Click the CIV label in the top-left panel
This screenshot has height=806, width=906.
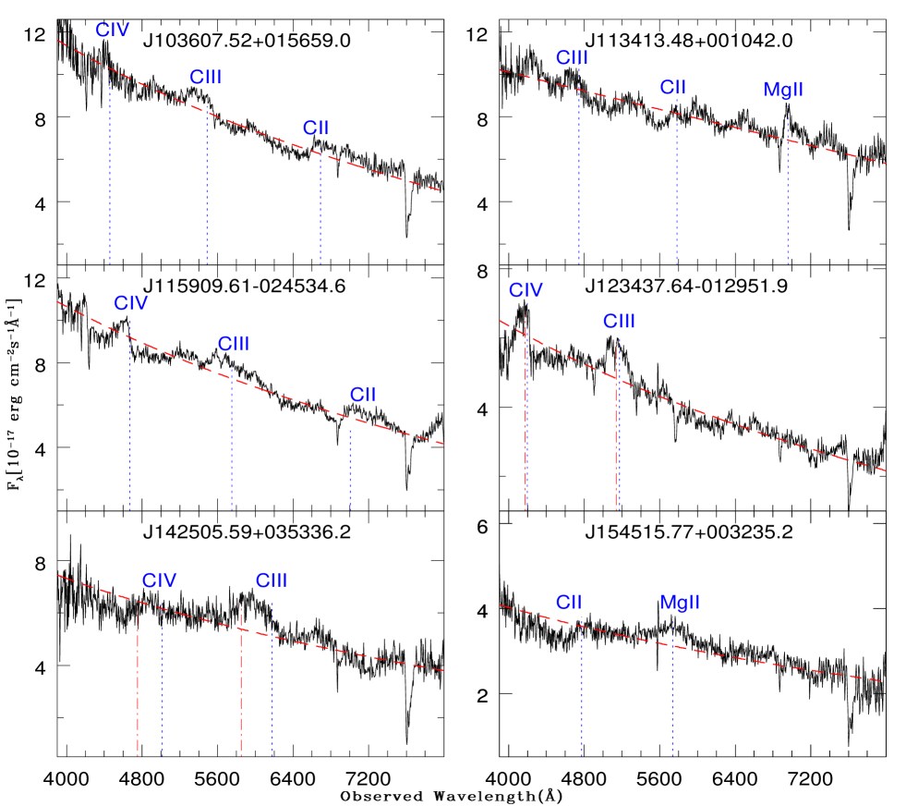[x=113, y=31]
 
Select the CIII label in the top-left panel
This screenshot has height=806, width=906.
[x=206, y=78]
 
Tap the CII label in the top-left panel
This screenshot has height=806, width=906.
[x=316, y=128]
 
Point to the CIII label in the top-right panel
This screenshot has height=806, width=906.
[x=572, y=58]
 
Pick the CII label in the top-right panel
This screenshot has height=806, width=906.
[x=672, y=88]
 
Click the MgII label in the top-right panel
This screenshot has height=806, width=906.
[x=783, y=90]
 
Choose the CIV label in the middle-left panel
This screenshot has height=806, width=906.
[x=131, y=303]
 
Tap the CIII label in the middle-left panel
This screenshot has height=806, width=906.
[x=234, y=344]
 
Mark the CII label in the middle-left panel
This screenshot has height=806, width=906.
[x=363, y=395]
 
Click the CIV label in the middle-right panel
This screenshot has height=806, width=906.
[x=525, y=291]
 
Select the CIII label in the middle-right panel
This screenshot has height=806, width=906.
[x=619, y=322]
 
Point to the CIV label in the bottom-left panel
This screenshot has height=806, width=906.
[x=159, y=580]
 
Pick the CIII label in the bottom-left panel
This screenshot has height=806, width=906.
[x=272, y=580]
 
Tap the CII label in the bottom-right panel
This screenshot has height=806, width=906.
[x=569, y=603]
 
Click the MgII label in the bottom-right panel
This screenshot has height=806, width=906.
[x=680, y=603]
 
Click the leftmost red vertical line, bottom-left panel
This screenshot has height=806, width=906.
[x=138, y=684]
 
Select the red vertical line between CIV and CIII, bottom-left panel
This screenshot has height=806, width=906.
[x=241, y=684]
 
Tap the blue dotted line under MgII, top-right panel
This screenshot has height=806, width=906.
[x=788, y=203]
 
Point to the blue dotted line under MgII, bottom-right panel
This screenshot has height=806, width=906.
[x=672, y=702]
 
